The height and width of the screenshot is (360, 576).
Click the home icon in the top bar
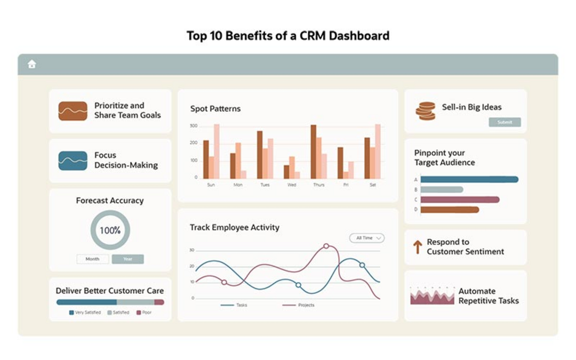click(x=32, y=65)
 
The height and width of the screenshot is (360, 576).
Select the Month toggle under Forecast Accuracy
click(x=92, y=259)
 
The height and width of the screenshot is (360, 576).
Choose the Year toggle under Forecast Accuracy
click(x=127, y=259)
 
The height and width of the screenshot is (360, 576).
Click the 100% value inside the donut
click(x=110, y=230)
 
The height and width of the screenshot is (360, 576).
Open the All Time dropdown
click(x=367, y=238)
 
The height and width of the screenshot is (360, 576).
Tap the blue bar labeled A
click(x=469, y=180)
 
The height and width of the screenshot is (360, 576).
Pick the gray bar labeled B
click(x=442, y=189)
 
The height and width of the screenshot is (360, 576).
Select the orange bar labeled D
click(x=450, y=210)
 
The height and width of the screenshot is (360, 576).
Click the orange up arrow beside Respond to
click(x=418, y=246)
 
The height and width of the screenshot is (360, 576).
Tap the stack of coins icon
click(x=425, y=111)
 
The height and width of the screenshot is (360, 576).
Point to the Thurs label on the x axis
click(x=318, y=185)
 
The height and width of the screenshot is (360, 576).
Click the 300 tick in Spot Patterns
click(x=194, y=126)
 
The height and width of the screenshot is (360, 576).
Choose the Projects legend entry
click(x=298, y=305)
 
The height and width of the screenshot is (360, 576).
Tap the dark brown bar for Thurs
click(x=313, y=151)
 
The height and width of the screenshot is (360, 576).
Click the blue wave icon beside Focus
click(x=73, y=161)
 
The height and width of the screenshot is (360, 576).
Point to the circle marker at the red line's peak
click(x=326, y=246)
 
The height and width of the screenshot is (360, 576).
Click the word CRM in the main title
click(x=314, y=36)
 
